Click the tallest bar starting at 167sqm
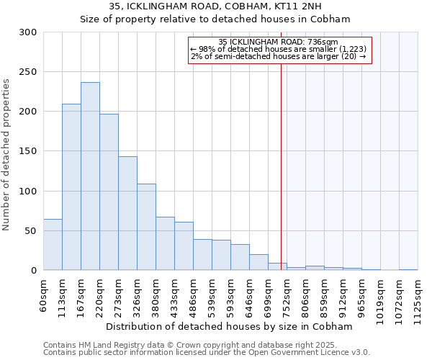pyautogui.click(x=90, y=176)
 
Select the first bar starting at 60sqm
pyautogui.click(x=53, y=245)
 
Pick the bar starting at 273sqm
pyautogui.click(x=127, y=213)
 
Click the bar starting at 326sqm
pyautogui.click(x=146, y=227)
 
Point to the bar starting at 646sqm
pyautogui.click(x=258, y=262)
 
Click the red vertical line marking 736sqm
pyautogui.click(x=281, y=158)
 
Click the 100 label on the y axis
pyautogui.click(x=29, y=192)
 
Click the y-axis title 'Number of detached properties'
pyautogui.click(x=7, y=155)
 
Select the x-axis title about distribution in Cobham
pyautogui.click(x=234, y=326)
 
